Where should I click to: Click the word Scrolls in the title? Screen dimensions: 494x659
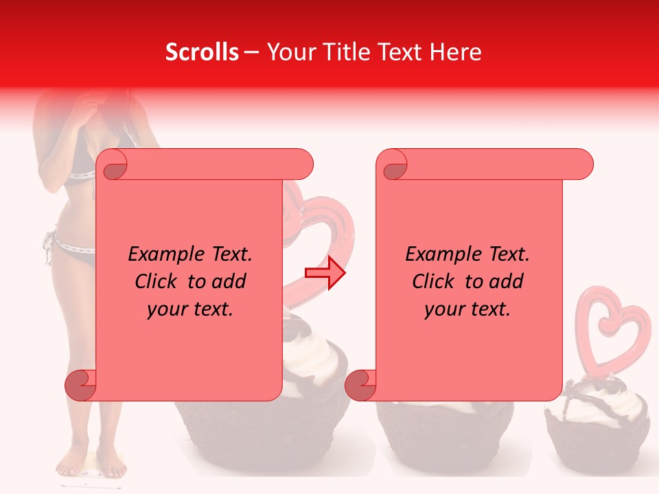202,52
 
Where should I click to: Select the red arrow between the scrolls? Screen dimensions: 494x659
325,272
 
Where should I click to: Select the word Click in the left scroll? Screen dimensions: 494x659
158,281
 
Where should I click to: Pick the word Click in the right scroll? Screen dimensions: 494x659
435,281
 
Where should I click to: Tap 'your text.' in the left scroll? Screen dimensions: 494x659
190,309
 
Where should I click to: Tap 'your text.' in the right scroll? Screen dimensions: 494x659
467,309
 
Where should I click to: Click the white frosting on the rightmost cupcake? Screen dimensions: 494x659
590,408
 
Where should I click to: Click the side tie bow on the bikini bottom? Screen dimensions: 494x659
47,247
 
